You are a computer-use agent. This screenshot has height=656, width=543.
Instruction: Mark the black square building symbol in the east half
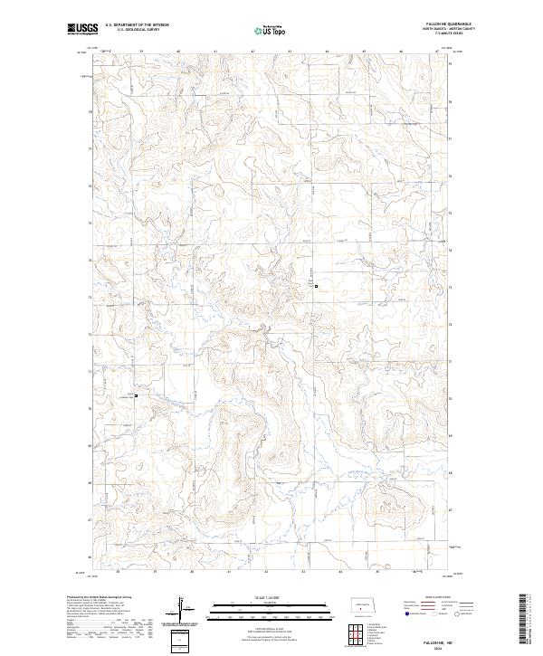click(x=316, y=287)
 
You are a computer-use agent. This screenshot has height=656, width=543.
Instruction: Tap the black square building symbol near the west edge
click(x=136, y=395)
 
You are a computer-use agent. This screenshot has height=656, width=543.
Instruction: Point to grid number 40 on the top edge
click(x=179, y=52)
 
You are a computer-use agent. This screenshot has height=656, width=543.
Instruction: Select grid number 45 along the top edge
click(x=364, y=52)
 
